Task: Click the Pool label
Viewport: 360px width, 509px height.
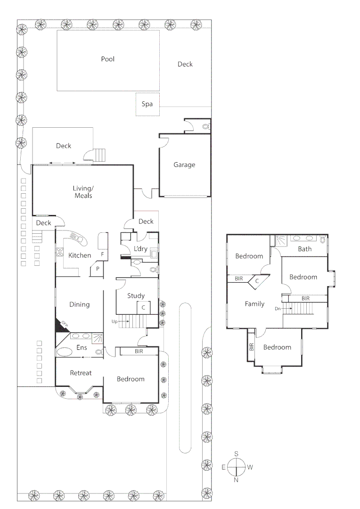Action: (x=107, y=59)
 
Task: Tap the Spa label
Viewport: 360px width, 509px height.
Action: (x=147, y=104)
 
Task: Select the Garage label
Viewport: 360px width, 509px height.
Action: (x=184, y=165)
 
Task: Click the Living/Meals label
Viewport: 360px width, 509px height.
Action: (x=82, y=192)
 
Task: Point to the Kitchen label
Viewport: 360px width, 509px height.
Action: (x=80, y=255)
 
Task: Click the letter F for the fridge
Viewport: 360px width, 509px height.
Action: (x=102, y=254)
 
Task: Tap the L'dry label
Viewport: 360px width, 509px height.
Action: (x=140, y=248)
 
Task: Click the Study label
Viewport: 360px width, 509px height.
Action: (x=136, y=296)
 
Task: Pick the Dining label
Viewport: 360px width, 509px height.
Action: (x=79, y=304)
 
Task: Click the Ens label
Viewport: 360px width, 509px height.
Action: (x=82, y=348)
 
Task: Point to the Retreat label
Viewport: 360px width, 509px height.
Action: (x=81, y=373)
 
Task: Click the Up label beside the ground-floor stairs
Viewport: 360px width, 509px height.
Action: (x=114, y=321)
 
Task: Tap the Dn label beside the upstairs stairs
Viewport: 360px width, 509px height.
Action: (x=278, y=309)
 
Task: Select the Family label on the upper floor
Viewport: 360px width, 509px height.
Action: (x=254, y=304)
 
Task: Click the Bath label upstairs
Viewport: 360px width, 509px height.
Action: (x=304, y=249)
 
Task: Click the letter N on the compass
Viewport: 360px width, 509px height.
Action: (x=236, y=480)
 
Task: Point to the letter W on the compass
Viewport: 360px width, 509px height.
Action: (x=250, y=468)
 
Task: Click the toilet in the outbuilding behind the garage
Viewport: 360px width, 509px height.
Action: (x=205, y=126)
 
